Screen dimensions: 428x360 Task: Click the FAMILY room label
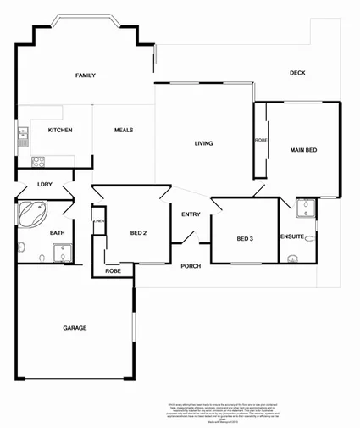click(x=85, y=75)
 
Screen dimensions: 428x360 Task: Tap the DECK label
click(x=296, y=73)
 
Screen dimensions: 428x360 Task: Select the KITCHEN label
click(x=59, y=130)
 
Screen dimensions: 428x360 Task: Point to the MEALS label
click(x=124, y=130)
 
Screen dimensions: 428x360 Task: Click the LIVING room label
click(x=203, y=143)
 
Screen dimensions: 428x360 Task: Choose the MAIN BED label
click(x=303, y=150)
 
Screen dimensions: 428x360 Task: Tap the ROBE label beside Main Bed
click(x=261, y=141)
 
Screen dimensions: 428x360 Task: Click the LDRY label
click(x=45, y=185)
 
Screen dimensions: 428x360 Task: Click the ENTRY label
click(x=191, y=214)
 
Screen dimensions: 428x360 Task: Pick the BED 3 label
click(x=245, y=239)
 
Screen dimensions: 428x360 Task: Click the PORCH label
click(x=191, y=266)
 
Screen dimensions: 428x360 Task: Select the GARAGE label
click(x=75, y=328)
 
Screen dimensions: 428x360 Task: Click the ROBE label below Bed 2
click(x=113, y=271)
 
